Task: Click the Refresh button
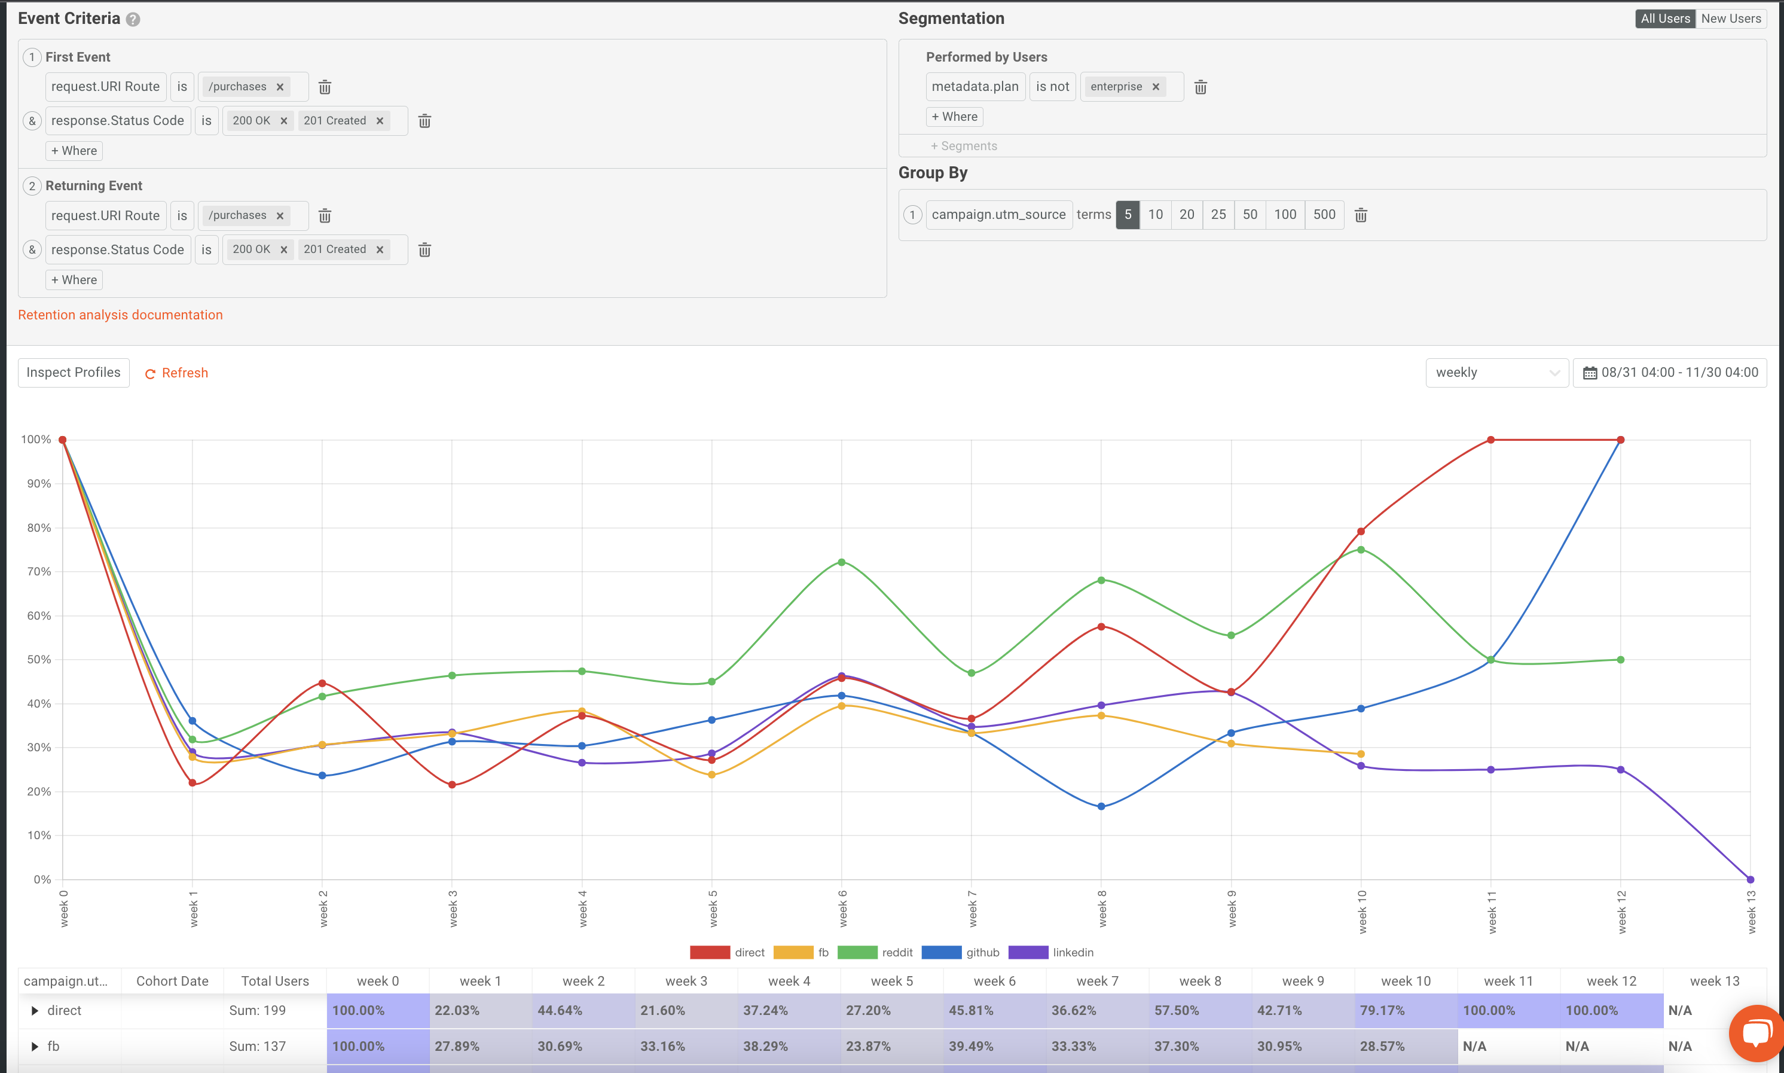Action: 177,373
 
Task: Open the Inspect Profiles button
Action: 74,373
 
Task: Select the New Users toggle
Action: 1731,19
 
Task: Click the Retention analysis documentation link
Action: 120,315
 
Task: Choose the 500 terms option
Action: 1324,215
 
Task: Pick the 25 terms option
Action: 1218,215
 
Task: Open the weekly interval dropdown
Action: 1496,373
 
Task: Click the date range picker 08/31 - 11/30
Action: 1670,373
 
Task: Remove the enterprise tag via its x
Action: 1156,87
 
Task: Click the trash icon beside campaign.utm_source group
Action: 1361,215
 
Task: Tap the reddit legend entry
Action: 875,952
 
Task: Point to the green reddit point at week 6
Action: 842,562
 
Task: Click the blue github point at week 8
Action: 1101,806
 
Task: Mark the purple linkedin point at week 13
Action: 1750,879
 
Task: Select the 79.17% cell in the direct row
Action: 1382,1010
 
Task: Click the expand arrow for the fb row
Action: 35,1046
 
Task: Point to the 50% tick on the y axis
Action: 39,660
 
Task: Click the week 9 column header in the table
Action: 1303,981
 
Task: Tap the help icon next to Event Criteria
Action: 133,20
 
